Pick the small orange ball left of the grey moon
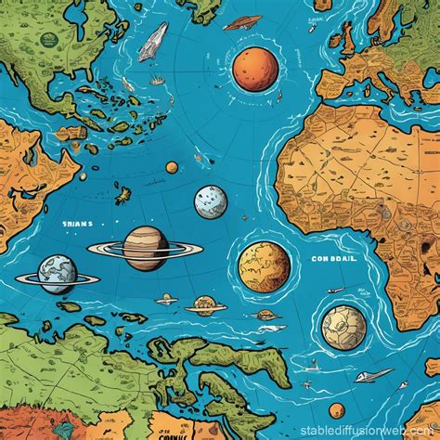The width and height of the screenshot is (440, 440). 172,167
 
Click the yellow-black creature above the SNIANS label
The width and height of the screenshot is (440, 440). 122,196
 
